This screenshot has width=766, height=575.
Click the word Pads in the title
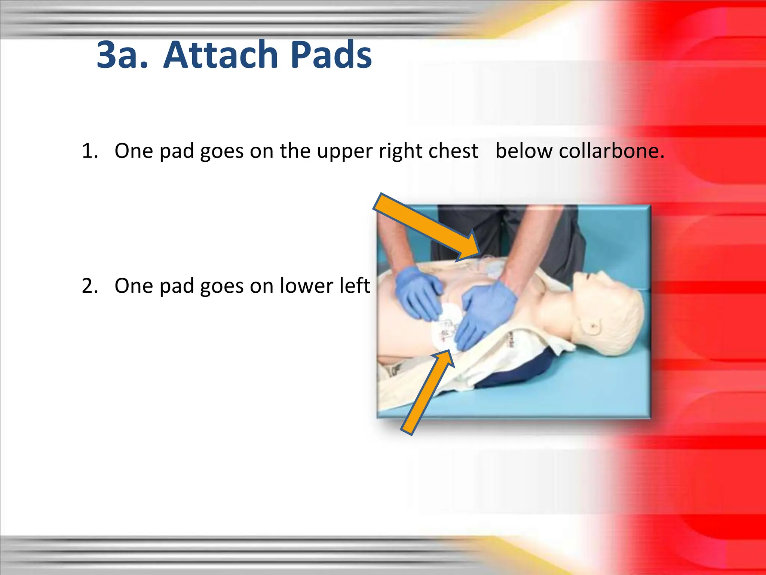pyautogui.click(x=331, y=55)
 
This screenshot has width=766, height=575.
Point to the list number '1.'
pyautogui.click(x=90, y=151)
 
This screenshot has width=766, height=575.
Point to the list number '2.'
pyautogui.click(x=90, y=286)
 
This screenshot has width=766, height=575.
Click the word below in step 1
pyautogui.click(x=523, y=151)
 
